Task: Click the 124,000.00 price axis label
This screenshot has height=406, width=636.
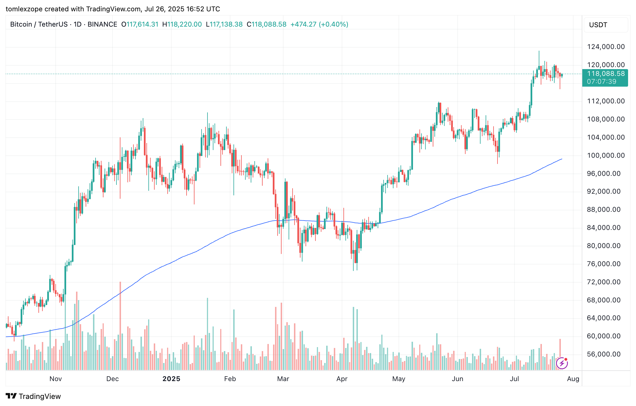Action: [x=606, y=47]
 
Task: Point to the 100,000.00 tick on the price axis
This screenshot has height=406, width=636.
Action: [x=606, y=155]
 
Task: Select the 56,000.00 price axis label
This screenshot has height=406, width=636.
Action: [x=604, y=354]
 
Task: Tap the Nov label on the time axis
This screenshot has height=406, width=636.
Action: [x=55, y=379]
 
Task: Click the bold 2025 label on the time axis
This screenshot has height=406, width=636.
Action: [x=171, y=379]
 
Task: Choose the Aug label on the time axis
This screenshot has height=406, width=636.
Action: [x=573, y=379]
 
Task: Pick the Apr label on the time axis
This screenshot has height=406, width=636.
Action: [x=342, y=379]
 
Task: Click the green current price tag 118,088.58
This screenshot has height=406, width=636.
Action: [x=606, y=74]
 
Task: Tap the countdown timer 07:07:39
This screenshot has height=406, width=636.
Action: [x=602, y=82]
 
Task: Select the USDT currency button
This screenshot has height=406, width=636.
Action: [x=605, y=25]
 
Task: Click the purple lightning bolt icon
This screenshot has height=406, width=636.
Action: [x=562, y=363]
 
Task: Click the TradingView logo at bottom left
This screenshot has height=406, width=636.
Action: [x=33, y=396]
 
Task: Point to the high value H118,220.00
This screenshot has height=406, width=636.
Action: [x=182, y=24]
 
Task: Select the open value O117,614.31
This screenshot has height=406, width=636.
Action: [x=140, y=24]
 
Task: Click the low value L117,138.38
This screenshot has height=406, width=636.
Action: [x=224, y=24]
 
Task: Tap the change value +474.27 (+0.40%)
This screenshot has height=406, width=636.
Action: [x=319, y=24]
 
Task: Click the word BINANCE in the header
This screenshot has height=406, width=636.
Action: [x=102, y=24]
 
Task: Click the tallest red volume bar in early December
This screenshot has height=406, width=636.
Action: [x=120, y=326]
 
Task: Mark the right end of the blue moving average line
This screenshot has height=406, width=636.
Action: [x=562, y=159]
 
